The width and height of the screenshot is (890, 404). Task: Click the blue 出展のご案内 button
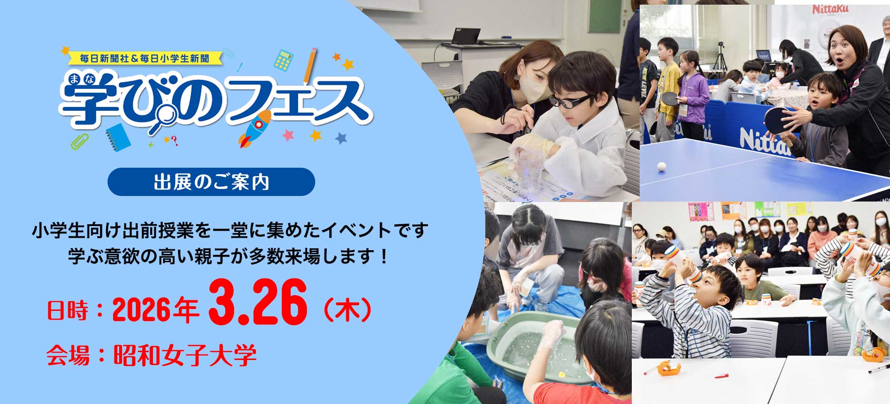[211, 182]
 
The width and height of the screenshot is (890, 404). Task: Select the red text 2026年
[156, 310]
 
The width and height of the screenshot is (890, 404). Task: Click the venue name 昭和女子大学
[185, 356]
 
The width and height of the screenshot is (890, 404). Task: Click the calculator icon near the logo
[283, 60]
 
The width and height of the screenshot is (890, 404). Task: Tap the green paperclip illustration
[80, 141]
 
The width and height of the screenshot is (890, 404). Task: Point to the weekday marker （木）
[347, 310]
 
